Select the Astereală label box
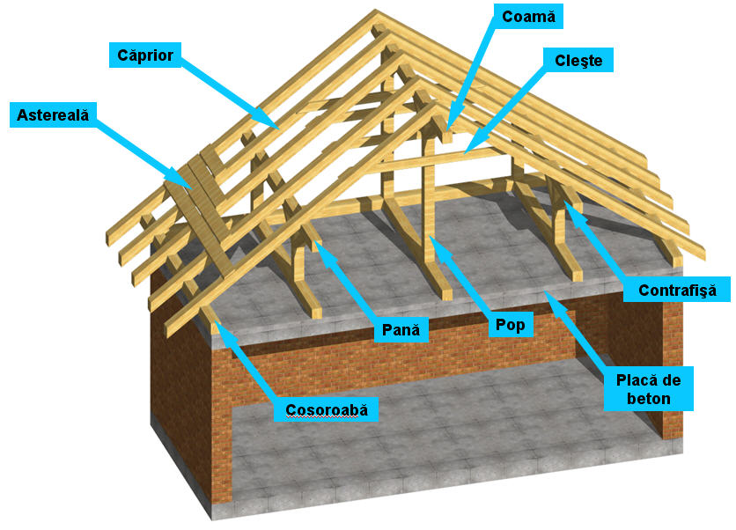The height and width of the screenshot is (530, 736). pyautogui.click(x=54, y=115)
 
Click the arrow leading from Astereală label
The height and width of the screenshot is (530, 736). pyautogui.click(x=141, y=150)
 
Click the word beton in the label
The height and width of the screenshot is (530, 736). pyautogui.click(x=650, y=399)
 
